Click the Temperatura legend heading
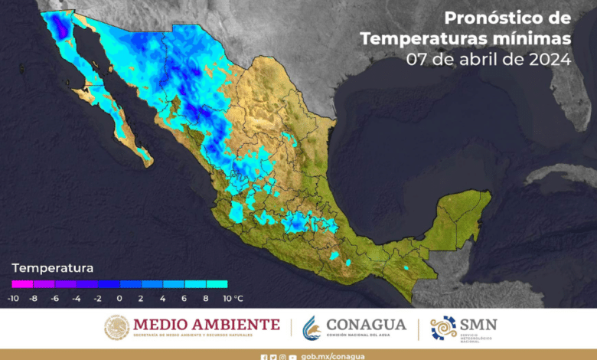click(x=51, y=268)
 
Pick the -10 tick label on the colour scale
click(x=13, y=297)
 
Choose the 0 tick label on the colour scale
click(x=119, y=297)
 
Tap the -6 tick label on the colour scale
click(x=56, y=297)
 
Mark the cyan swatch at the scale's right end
click(x=217, y=284)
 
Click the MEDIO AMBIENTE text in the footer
click(x=207, y=324)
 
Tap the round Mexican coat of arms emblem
click(x=116, y=328)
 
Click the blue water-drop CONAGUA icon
click(x=312, y=328)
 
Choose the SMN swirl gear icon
click(x=443, y=328)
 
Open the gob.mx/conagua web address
click(x=333, y=356)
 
